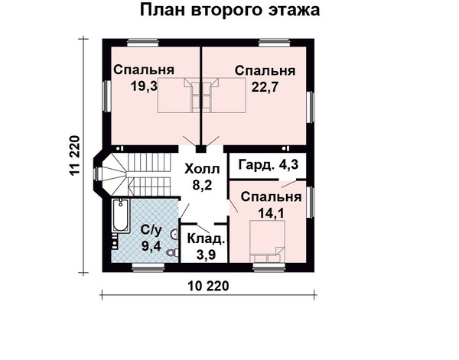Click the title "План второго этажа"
(229, 10)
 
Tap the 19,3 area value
(144, 86)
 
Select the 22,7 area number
(265, 87)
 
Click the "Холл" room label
(202, 169)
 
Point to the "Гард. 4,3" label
(269, 164)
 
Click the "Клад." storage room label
(206, 238)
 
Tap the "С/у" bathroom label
(151, 230)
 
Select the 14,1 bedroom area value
(271, 213)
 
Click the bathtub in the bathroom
(121, 216)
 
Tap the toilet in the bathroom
(172, 252)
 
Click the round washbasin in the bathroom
(174, 234)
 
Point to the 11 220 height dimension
(74, 155)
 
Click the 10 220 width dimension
(208, 286)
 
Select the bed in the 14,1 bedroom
(267, 242)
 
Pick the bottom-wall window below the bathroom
(148, 268)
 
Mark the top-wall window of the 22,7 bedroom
(275, 43)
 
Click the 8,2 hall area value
(202, 184)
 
